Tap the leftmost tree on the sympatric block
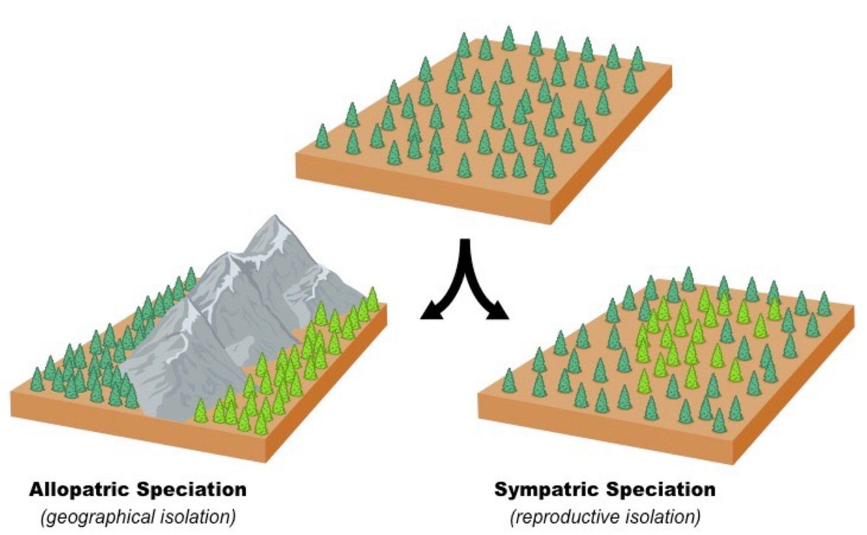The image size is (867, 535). pyautogui.click(x=509, y=381)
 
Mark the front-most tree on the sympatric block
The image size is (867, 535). pyautogui.click(x=719, y=420)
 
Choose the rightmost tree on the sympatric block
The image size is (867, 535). pyautogui.click(x=824, y=303)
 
